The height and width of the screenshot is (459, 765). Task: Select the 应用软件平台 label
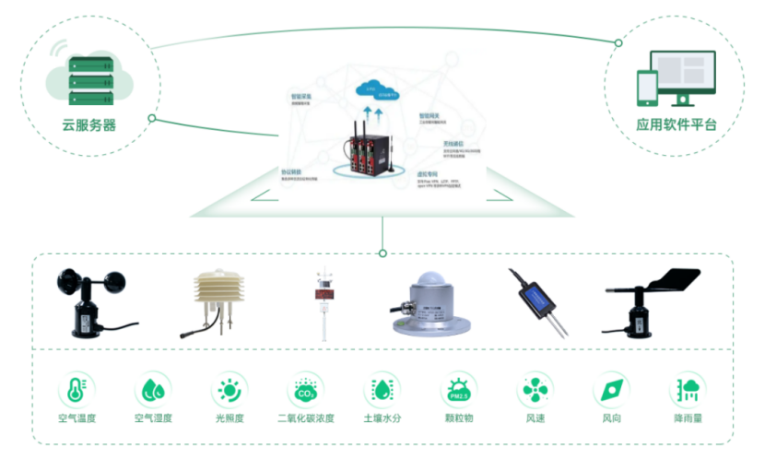click(x=676, y=124)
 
